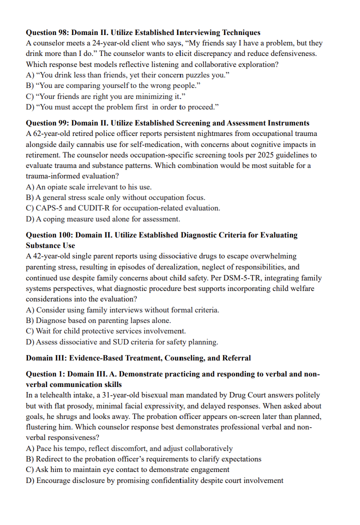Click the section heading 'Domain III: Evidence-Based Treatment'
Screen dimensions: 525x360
[x=138, y=358]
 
